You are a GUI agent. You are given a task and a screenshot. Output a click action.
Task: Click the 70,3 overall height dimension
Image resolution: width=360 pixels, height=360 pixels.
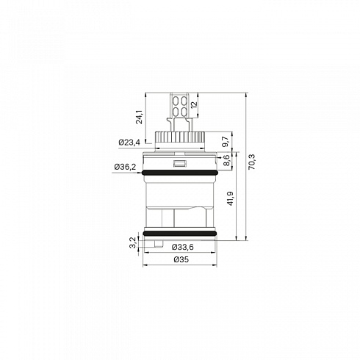(252, 162)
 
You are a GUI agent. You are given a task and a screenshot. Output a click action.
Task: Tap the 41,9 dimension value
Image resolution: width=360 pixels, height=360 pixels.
(231, 198)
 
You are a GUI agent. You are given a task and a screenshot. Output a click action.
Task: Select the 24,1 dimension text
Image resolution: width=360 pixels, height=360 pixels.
(140, 117)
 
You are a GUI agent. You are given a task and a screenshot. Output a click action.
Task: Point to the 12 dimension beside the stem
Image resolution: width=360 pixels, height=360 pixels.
(194, 104)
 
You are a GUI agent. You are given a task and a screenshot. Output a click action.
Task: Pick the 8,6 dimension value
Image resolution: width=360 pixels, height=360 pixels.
(227, 160)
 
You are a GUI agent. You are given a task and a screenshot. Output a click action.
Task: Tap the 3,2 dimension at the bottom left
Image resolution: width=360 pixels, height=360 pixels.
(132, 242)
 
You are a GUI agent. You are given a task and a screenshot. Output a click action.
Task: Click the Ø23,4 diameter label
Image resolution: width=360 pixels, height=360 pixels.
(129, 142)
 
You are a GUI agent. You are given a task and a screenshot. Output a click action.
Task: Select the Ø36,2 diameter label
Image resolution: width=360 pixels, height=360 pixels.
(125, 167)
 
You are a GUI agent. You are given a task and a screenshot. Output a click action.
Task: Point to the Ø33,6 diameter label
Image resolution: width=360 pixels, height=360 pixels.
(183, 247)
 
